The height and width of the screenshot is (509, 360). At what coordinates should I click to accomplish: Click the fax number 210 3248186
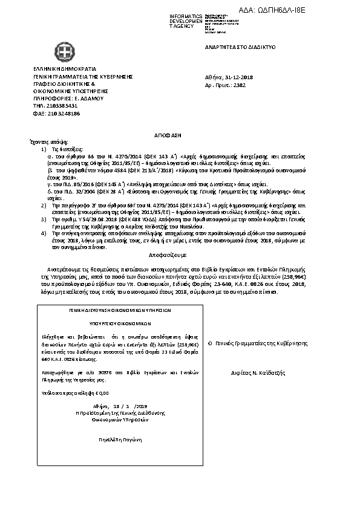click(55, 113)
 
